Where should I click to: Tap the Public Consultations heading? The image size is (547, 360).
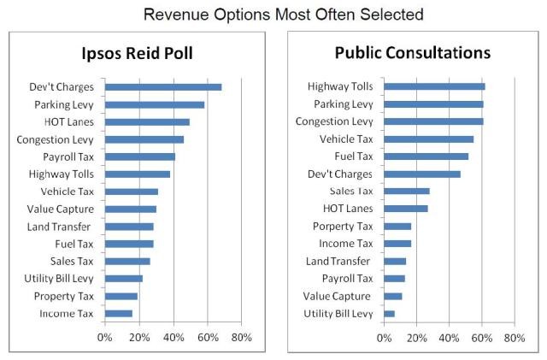click(x=412, y=53)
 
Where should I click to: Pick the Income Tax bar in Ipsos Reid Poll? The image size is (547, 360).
click(x=118, y=314)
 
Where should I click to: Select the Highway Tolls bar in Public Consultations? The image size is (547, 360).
click(x=434, y=86)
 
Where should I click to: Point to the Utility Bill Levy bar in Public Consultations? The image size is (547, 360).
click(x=389, y=314)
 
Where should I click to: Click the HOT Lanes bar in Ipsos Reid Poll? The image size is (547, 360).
click(x=146, y=122)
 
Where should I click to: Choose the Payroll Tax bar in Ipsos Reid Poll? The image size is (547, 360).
click(x=139, y=157)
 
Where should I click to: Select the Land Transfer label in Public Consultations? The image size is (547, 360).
click(x=338, y=261)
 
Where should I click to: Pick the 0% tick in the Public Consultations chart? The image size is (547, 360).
click(x=385, y=338)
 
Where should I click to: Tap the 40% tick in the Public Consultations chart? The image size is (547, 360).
click(x=450, y=338)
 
